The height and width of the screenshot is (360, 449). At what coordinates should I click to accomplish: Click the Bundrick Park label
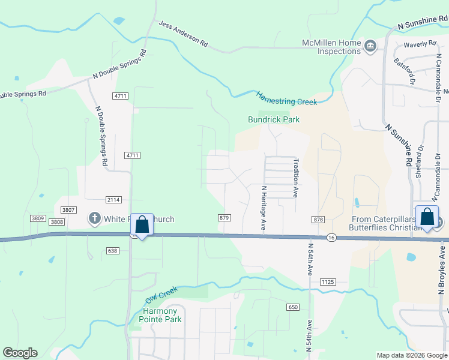tap(274, 119)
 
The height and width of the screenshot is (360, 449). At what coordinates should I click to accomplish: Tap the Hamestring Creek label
tap(286, 98)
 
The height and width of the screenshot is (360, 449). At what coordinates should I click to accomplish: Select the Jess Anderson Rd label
tap(183, 34)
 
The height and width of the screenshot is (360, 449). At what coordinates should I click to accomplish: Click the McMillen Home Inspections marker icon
tap(370, 46)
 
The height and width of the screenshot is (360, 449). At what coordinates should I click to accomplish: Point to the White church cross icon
tap(95, 219)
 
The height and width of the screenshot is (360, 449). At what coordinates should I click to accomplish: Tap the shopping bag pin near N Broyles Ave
tap(427, 216)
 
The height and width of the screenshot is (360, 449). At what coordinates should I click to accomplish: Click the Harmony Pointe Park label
tap(160, 315)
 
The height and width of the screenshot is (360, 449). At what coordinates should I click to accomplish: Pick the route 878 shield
tap(319, 220)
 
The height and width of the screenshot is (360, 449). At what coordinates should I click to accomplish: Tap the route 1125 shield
tap(327, 281)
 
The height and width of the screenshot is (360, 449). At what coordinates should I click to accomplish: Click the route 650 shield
tap(292, 307)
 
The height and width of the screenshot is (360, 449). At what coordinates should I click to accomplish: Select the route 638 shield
tap(113, 250)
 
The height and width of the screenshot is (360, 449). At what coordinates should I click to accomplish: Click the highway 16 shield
tap(331, 238)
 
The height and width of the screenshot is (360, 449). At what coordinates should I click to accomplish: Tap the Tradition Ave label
tap(295, 178)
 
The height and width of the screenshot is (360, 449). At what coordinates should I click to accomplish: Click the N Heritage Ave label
tap(263, 208)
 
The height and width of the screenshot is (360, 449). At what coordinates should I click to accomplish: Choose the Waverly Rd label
tap(420, 44)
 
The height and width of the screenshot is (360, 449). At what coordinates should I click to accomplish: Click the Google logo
tap(20, 353)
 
